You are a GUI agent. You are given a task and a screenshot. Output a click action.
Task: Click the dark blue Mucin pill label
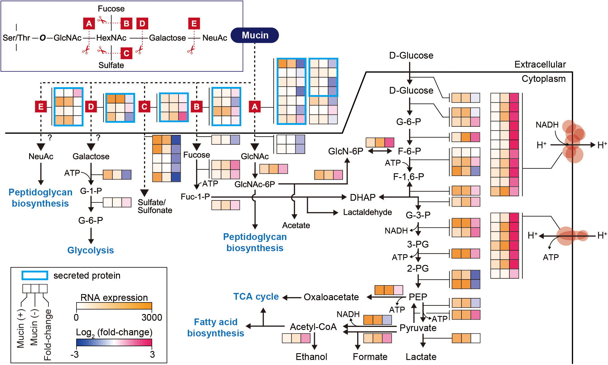point(255,35)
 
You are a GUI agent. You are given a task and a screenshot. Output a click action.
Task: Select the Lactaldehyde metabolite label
point(367,212)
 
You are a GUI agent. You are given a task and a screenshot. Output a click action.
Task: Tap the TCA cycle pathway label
point(256,297)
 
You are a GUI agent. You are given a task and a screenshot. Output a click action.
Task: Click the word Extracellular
point(540,64)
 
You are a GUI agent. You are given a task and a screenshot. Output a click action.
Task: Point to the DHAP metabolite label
point(363,197)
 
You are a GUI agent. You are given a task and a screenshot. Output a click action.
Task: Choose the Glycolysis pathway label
point(90,250)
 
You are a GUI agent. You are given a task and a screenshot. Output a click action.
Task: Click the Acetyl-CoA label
point(313,327)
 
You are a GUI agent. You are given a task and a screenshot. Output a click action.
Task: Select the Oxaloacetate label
point(331,297)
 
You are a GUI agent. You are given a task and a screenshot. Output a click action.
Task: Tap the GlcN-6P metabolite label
point(345,151)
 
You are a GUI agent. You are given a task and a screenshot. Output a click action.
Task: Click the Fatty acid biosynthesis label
point(215,327)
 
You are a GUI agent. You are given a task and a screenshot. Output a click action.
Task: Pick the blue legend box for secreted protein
point(35,275)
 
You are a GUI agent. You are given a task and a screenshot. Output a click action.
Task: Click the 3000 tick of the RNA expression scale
point(152,318)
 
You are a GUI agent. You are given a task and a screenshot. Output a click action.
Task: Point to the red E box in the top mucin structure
point(194,24)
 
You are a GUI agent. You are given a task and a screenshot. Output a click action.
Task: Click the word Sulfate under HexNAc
point(111,65)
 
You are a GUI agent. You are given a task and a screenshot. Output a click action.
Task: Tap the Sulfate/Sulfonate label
point(155,206)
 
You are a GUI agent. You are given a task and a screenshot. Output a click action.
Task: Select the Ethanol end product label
point(311,357)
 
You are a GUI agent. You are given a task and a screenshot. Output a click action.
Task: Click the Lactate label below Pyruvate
point(421,357)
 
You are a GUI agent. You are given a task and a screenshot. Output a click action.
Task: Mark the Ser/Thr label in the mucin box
point(16,38)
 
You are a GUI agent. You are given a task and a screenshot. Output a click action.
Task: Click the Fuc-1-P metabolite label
point(195,197)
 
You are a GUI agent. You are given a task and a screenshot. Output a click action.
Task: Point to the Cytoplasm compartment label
point(543,79)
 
